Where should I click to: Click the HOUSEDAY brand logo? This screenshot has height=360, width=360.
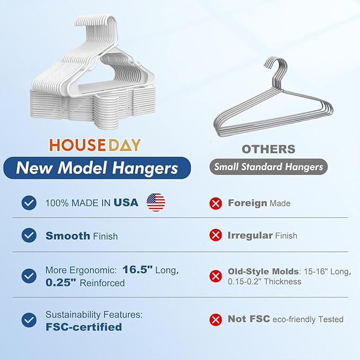(x=95, y=145)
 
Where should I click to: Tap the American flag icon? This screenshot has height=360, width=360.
(x=156, y=202)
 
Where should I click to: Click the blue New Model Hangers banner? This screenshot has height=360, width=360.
(x=97, y=168)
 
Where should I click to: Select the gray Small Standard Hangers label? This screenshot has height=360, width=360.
(x=268, y=167)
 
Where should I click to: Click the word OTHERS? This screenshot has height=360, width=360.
(x=269, y=150)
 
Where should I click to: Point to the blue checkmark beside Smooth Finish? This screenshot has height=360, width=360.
(x=29, y=235)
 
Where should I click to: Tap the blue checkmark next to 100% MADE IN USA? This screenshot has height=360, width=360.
(x=29, y=203)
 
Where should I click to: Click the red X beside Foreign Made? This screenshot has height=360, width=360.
(x=215, y=203)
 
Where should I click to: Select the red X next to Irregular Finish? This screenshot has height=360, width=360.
(x=215, y=235)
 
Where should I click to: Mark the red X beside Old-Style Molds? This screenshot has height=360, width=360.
(x=215, y=276)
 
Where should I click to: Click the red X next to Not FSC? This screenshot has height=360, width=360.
(x=215, y=319)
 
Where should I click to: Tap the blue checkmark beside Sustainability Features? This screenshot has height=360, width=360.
(x=29, y=320)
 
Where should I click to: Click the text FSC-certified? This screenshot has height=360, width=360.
(x=83, y=327)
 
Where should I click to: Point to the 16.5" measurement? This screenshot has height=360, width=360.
(x=137, y=269)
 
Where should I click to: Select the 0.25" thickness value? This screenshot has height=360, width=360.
(x=62, y=283)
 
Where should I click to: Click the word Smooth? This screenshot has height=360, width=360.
(x=68, y=235)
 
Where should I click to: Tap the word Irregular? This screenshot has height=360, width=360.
(x=250, y=235)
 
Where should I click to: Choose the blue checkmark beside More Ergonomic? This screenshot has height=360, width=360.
(x=29, y=276)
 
